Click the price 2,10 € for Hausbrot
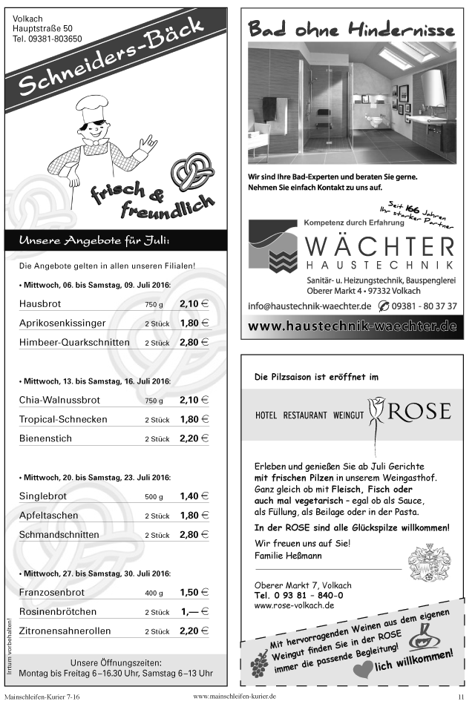point(194,304)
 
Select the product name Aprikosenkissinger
point(62,323)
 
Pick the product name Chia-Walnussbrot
point(59,401)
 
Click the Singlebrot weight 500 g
point(154,497)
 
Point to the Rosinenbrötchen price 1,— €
point(194,612)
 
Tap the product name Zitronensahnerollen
point(65,631)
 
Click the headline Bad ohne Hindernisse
point(351,29)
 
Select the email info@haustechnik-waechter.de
point(309,306)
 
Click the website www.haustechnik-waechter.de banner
point(352,326)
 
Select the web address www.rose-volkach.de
point(294,605)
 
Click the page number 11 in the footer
point(461,697)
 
